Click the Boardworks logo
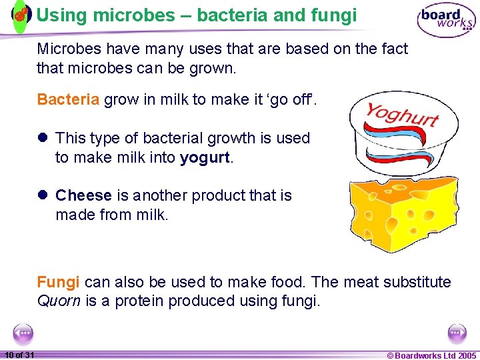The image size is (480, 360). click(446, 20)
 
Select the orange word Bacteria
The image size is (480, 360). click(68, 100)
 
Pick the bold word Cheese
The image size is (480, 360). click(83, 195)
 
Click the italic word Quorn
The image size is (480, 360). click(59, 301)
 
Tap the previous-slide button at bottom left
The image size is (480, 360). click(23, 333)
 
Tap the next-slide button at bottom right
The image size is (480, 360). click(457, 333)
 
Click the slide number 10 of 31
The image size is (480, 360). click(19, 355)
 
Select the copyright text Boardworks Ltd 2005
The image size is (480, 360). click(431, 355)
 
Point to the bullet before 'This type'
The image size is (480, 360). click(43, 139)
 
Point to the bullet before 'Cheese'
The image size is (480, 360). click(43, 196)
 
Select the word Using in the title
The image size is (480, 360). click(59, 14)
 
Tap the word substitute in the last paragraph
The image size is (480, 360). click(417, 282)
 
